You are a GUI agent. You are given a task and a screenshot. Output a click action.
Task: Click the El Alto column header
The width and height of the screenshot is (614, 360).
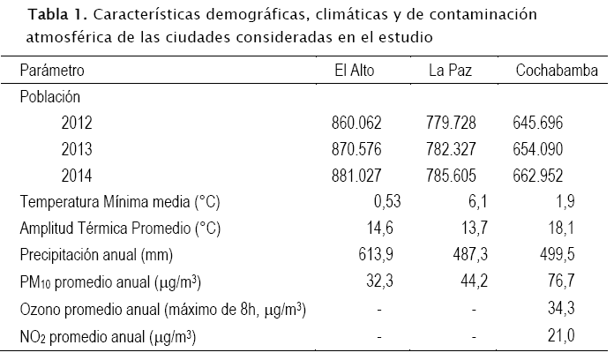[x=356, y=71]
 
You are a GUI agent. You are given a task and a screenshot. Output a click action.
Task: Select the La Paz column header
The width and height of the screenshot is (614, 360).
[x=451, y=71]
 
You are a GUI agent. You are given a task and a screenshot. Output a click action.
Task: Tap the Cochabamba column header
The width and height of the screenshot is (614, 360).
[x=551, y=71]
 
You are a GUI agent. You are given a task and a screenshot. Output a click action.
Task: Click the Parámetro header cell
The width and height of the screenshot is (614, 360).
[x=52, y=71]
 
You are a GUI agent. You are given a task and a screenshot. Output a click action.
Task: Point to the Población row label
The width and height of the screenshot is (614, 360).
[x=50, y=97]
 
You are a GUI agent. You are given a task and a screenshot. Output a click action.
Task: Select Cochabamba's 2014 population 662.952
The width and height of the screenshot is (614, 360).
[x=537, y=176]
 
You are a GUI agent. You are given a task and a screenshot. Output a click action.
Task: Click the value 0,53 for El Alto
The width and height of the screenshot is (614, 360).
[x=386, y=202]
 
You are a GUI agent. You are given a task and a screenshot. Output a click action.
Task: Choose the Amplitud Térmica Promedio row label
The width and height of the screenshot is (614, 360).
[x=120, y=229]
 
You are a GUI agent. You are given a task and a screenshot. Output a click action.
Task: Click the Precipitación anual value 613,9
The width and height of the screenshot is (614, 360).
[x=380, y=255]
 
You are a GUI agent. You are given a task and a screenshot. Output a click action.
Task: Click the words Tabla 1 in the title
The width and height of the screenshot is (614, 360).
[x=55, y=16]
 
